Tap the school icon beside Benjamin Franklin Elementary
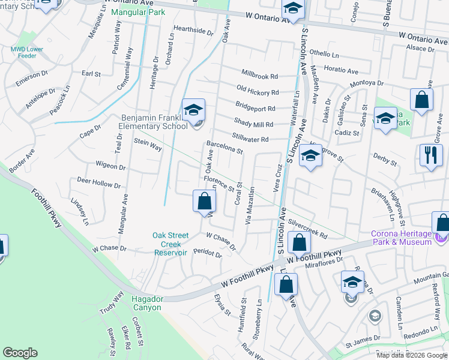pos(193,111)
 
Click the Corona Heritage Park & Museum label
pos(400,238)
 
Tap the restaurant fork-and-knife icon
pos(430,155)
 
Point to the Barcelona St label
pos(224,147)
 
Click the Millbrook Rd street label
pos(260,77)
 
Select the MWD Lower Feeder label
pos(27,53)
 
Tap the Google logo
pos(20,353)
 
